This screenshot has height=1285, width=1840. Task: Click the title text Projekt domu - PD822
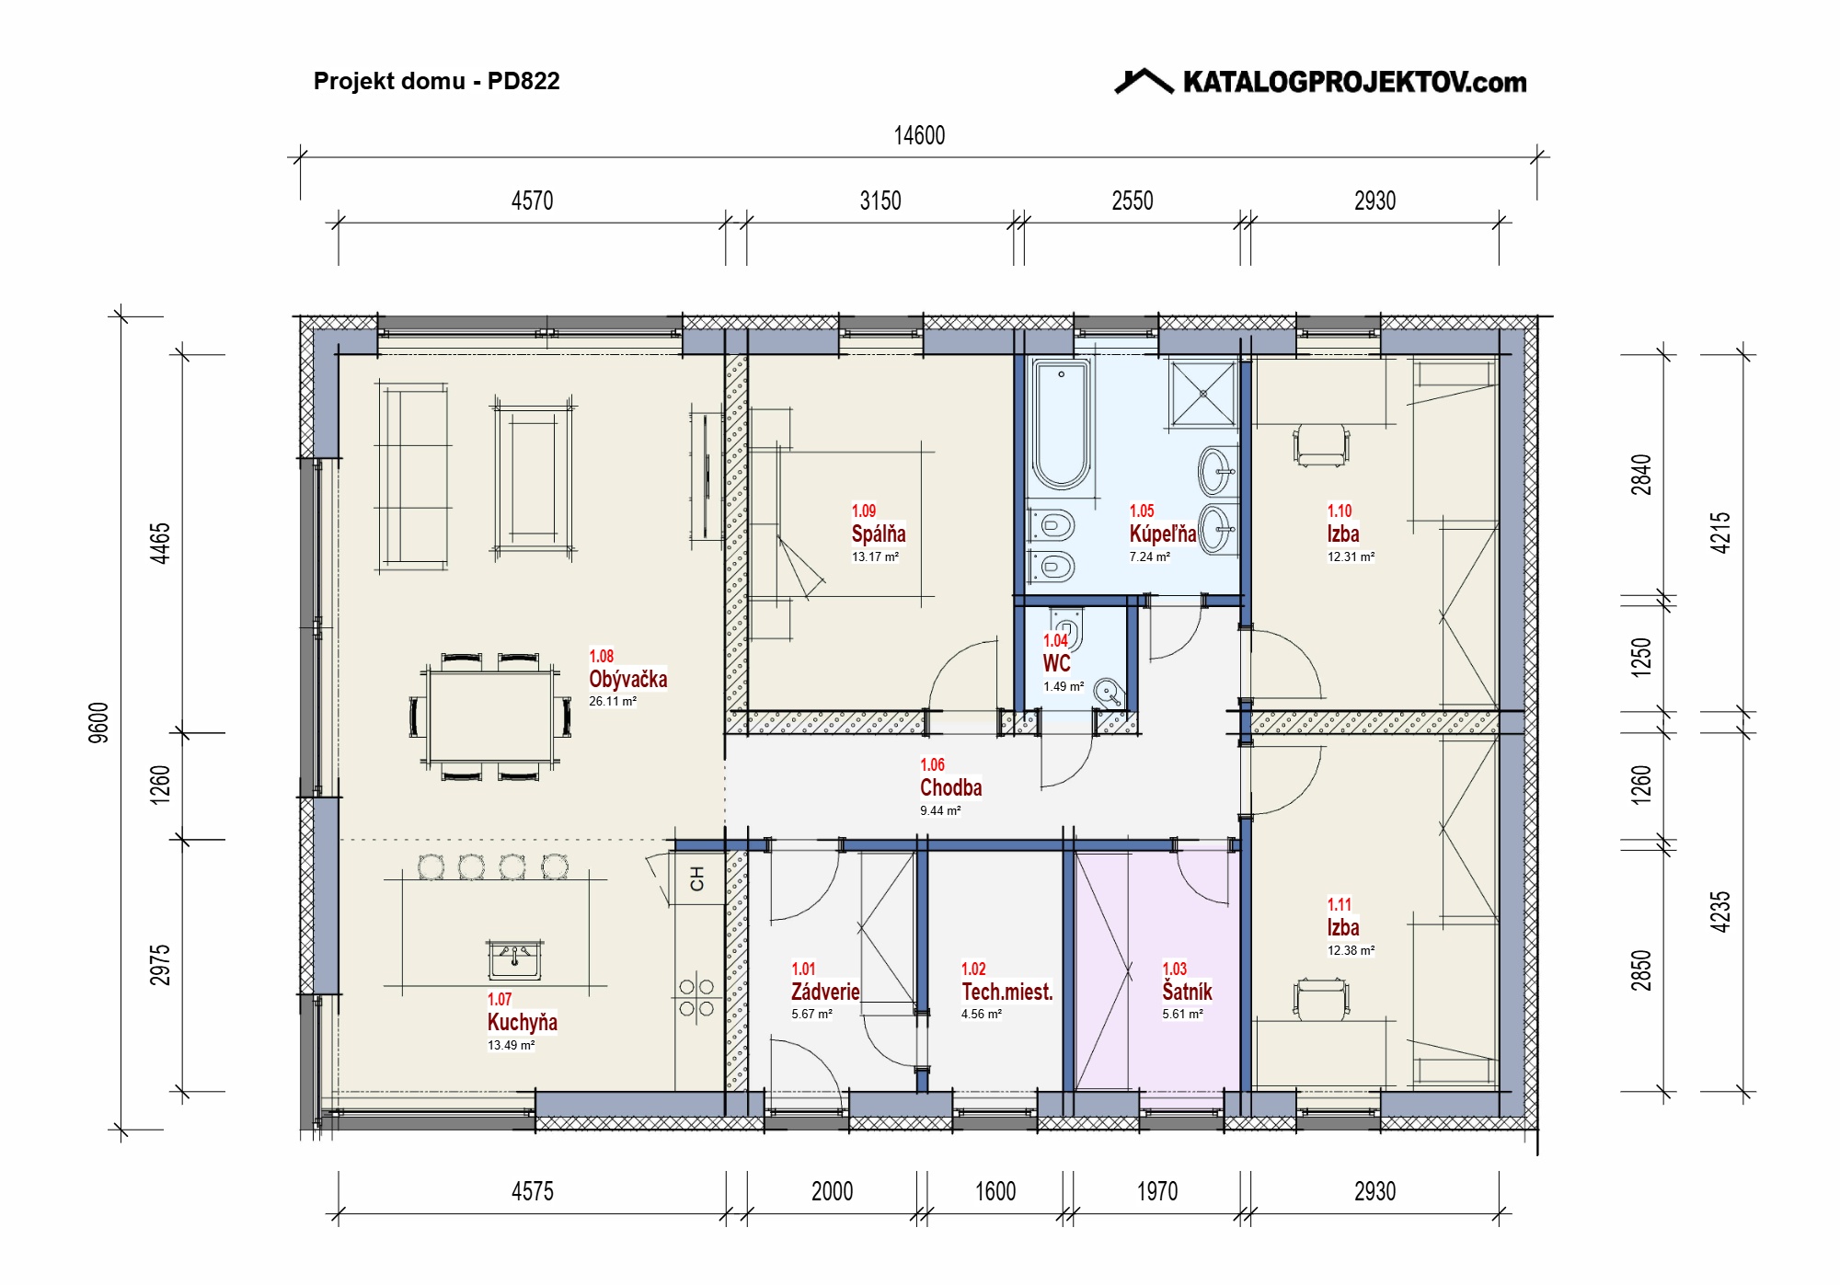436,81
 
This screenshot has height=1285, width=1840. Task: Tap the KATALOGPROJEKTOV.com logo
1320,82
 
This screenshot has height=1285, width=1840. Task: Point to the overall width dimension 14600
919,136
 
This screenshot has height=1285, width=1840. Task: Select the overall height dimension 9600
98,722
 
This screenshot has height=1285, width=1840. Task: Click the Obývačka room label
628,679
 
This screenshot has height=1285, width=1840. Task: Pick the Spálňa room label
879,534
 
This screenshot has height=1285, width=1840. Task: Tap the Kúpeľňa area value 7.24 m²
1150,556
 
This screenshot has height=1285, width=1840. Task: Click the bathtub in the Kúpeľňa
1061,424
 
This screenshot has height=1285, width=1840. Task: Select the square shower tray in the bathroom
1203,394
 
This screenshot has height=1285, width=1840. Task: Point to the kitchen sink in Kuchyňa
514,960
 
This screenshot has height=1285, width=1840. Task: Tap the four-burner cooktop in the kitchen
696,998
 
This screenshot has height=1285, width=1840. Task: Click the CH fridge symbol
696,878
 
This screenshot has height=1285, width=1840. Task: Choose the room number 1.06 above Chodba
932,764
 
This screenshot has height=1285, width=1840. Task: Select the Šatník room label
1187,991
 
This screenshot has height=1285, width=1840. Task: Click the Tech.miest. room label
1007,992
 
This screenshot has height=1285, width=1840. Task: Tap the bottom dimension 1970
1157,1191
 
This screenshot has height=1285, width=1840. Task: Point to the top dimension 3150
880,201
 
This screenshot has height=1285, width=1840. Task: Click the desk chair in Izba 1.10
1322,444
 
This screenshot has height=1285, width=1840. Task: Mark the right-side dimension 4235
1719,912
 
